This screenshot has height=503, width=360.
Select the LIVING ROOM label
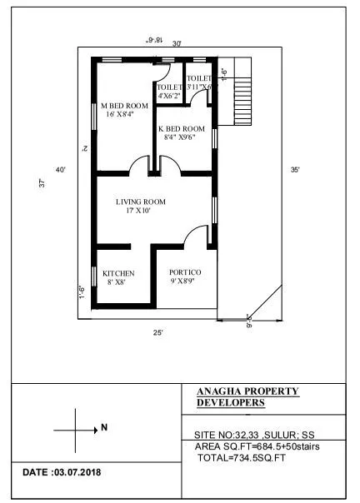(140, 202)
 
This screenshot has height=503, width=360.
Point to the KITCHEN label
(118, 273)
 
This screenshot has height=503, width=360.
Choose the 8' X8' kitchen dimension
(114, 283)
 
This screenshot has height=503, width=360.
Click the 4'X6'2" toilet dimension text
(170, 97)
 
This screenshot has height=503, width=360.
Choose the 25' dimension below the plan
(157, 332)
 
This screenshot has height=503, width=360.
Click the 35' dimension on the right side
(295, 170)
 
